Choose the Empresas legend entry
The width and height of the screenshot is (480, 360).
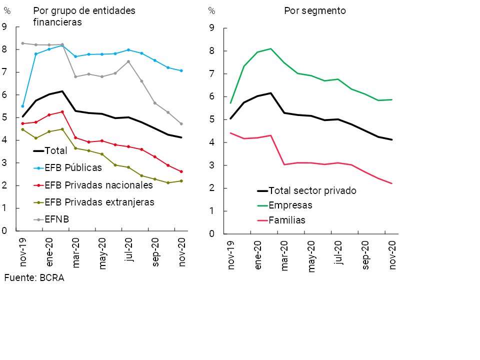(x=290, y=205)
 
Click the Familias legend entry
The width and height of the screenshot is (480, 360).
(x=287, y=220)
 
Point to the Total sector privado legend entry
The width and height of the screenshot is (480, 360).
(x=312, y=190)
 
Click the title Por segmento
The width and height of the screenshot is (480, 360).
(x=314, y=11)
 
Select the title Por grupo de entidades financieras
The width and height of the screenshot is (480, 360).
(x=84, y=16)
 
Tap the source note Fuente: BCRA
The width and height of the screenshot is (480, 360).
(x=34, y=278)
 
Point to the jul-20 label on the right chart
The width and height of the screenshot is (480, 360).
(x=338, y=253)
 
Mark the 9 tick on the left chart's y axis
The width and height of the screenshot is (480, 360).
(x=4, y=27)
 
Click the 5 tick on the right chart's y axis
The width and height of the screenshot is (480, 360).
(x=211, y=119)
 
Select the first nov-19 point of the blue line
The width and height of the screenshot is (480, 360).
(x=22, y=106)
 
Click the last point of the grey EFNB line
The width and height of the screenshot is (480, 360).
(x=181, y=123)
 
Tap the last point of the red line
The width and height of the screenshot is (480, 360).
(x=181, y=171)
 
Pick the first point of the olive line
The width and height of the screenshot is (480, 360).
(x=22, y=129)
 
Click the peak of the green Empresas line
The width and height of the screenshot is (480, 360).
(x=270, y=48)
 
